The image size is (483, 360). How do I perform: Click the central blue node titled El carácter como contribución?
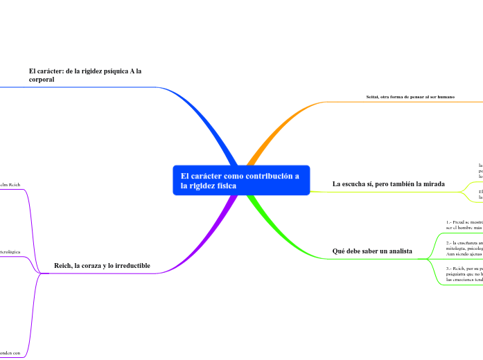(x=240, y=181)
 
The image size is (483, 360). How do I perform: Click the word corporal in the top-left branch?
(x=42, y=80)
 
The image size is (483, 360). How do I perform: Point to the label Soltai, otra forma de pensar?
(x=410, y=97)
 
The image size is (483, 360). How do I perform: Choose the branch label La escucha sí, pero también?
(x=388, y=184)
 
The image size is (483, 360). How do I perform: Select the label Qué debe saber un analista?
(x=372, y=251)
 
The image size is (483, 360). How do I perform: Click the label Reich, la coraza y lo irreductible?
(x=102, y=266)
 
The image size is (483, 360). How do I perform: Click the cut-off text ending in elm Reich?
(x=10, y=186)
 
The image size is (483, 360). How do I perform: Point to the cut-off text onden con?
(x=10, y=354)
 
